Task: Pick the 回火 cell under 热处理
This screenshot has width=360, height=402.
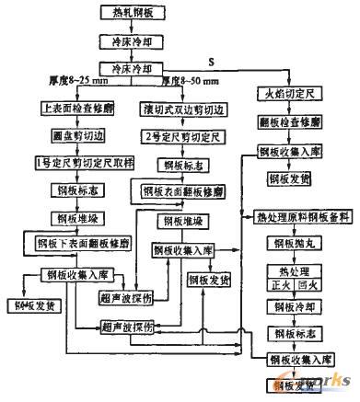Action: [x=310, y=285]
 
